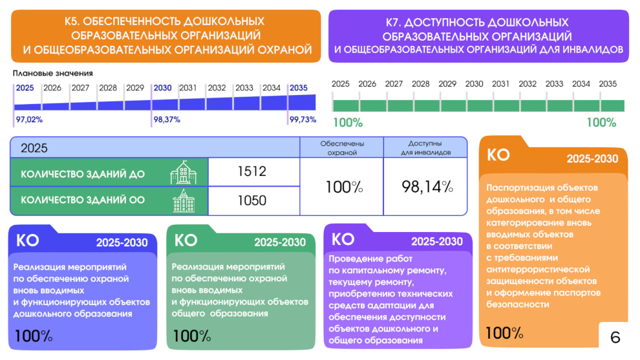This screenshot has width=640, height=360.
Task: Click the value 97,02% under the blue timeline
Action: click(29, 120)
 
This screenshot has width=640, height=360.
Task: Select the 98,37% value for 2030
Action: click(167, 120)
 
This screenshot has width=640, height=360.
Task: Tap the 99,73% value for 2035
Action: click(303, 120)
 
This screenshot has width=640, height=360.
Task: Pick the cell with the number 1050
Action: click(251, 200)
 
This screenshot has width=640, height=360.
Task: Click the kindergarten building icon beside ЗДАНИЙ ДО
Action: click(184, 173)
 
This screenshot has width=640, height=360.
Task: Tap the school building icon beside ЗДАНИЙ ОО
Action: click(184, 201)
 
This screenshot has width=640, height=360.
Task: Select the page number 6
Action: click(615, 337)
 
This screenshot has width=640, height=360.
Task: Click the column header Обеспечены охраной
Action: click(343, 148)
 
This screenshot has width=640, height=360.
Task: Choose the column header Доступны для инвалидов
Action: click(425, 148)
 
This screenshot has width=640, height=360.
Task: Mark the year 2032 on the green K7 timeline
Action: click(528, 84)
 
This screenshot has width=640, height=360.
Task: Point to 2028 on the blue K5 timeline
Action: click(108, 88)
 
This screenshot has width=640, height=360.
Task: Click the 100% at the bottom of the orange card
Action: click(504, 334)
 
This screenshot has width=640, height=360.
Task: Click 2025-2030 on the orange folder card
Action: click(592, 159)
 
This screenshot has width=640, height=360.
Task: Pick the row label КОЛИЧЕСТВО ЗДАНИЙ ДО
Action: click(83, 174)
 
